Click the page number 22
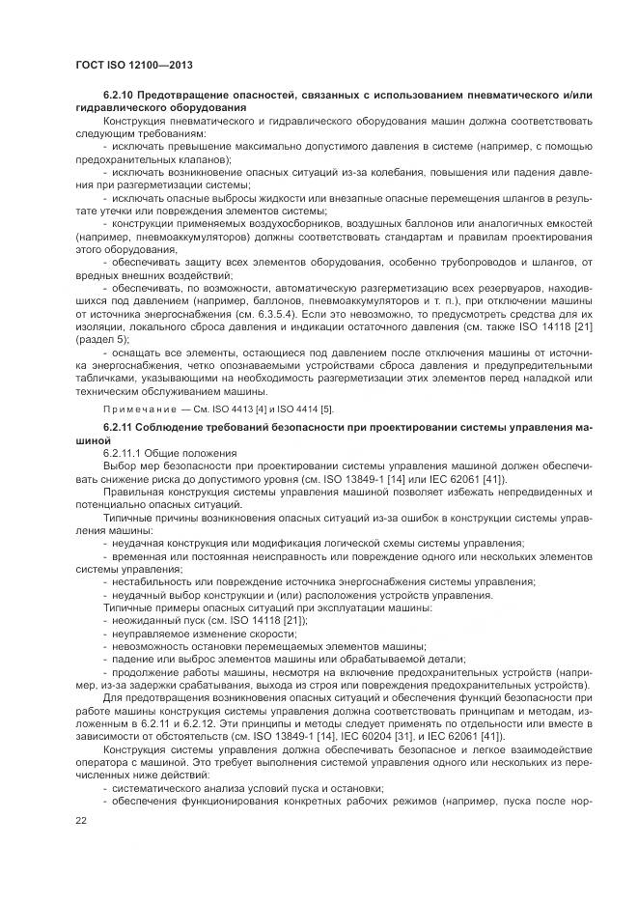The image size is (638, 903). [x=81, y=820]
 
